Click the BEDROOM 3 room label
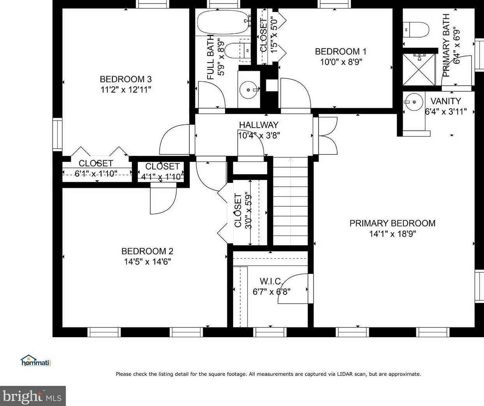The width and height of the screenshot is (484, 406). point(126,79)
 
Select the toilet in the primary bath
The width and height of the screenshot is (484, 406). point(416,30)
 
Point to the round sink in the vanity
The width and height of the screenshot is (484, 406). point(414,102)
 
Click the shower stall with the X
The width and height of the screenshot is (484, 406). point(419,69)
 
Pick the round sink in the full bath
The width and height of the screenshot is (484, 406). point(248,89)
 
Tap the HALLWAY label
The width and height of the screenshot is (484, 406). point(259,125)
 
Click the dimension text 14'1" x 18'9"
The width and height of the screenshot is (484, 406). point(392,234)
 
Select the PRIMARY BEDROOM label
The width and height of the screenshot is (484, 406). point(392,223)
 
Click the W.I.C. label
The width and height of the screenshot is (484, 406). point(271,281)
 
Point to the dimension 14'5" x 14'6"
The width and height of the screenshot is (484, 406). point(148,262)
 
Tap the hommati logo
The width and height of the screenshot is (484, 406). point(36,360)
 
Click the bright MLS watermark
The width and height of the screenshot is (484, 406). point(32,396)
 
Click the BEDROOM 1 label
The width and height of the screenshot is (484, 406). point(341,51)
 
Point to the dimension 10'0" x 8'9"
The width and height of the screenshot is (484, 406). point(341,62)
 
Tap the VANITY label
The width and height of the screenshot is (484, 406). point(446,101)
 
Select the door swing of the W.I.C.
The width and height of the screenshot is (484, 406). point(292,288)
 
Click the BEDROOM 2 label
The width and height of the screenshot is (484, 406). point(148,251)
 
